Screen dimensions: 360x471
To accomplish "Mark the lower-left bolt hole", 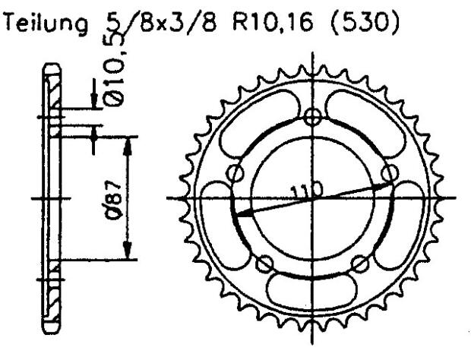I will coord(265,264).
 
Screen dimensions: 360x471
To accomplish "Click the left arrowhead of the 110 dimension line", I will coord(242,214).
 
